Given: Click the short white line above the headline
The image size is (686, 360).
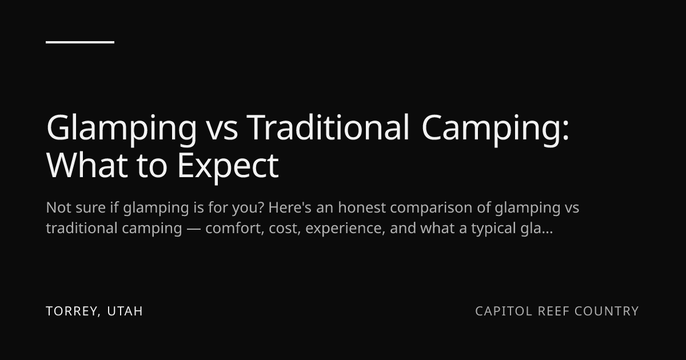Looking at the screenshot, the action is pos(80,42).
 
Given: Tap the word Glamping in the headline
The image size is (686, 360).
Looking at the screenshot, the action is pos(121,129).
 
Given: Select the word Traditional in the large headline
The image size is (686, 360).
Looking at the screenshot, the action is pos(328,127).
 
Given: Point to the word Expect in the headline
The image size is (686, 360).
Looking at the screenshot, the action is pos(228,167).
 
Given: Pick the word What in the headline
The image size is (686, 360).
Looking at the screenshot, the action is pos(87,165).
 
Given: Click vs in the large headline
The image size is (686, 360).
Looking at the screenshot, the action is pos(221,131).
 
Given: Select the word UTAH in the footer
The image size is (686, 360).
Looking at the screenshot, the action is pos(125,311).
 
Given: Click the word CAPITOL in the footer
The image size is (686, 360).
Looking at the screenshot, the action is pos(504,311).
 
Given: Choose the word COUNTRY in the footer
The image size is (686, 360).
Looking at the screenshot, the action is pos(607,311).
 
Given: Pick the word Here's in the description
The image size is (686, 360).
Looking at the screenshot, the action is pos(290,207).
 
